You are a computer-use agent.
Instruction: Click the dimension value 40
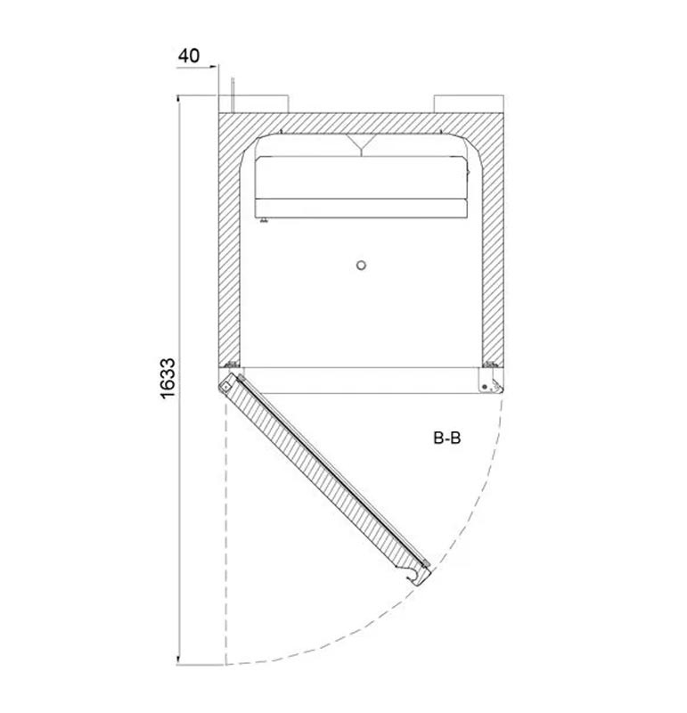coord(189,56)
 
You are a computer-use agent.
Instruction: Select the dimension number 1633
coord(168,378)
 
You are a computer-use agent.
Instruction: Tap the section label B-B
coord(447,438)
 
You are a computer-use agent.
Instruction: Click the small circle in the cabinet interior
coord(361,265)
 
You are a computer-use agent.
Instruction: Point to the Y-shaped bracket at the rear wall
coord(361,144)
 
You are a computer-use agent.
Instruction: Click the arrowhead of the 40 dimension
coord(213,67)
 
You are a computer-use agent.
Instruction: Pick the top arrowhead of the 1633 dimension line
coord(178,99)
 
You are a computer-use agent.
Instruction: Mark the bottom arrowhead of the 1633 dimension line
coord(178,660)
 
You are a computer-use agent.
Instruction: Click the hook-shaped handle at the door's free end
coord(416,576)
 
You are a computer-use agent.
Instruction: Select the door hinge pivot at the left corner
coord(225,387)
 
